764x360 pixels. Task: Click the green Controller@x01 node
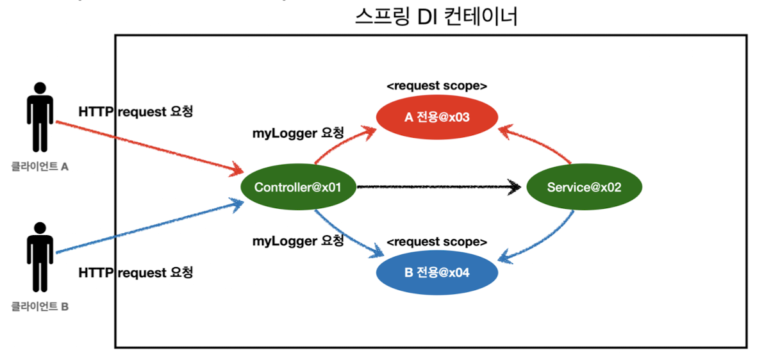click(297, 188)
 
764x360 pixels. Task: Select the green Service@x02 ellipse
click(583, 187)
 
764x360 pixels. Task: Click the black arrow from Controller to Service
click(436, 188)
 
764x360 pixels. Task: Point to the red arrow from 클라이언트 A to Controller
click(147, 146)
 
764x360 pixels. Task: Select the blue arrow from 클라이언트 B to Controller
click(147, 228)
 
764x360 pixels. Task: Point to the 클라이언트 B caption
click(40, 307)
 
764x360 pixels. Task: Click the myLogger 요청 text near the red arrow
click(298, 134)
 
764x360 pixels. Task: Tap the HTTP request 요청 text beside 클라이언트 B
click(135, 272)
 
